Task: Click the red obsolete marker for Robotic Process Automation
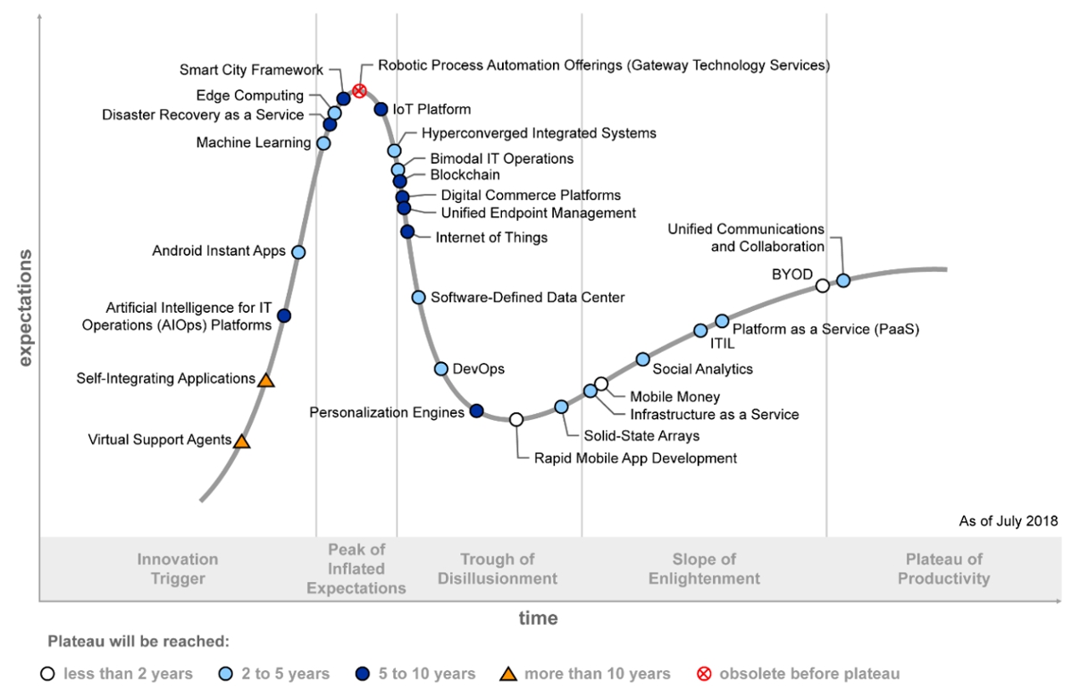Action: tap(359, 90)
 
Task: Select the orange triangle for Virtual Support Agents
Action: tap(241, 441)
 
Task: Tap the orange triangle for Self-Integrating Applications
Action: tap(265, 381)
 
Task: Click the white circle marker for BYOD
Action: tap(823, 286)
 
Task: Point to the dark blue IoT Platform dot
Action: tap(381, 109)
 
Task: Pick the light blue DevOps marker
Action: tap(441, 369)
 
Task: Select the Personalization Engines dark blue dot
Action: tap(476, 411)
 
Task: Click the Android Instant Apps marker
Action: tap(298, 252)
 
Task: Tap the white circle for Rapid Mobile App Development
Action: tap(516, 419)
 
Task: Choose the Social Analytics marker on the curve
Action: tap(642, 359)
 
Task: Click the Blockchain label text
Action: tap(465, 175)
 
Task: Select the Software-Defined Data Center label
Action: tap(527, 297)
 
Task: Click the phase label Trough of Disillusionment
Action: tap(498, 569)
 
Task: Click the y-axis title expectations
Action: tap(25, 308)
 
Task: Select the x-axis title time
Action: tap(539, 618)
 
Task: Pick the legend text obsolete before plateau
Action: tap(809, 674)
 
